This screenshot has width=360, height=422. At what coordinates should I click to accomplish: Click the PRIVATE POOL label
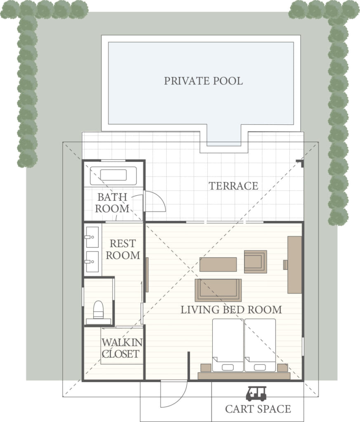pyautogui.click(x=203, y=81)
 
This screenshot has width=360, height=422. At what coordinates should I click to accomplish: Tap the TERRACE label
pyautogui.click(x=233, y=186)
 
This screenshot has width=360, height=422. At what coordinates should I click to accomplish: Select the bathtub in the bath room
pyautogui.click(x=113, y=176)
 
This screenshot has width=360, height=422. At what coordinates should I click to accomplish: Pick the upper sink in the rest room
pyautogui.click(x=92, y=237)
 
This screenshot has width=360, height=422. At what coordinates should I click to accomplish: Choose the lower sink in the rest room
pyautogui.click(x=92, y=262)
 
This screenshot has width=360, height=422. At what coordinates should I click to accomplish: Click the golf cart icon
pyautogui.click(x=256, y=394)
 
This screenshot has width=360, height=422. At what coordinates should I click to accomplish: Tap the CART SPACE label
pyautogui.click(x=258, y=409)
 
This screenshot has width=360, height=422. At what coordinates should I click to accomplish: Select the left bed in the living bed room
pyautogui.click(x=228, y=345)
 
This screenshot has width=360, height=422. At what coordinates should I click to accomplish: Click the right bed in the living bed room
pyautogui.click(x=260, y=345)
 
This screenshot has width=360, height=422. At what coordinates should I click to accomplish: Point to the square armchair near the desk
pyautogui.click(x=256, y=262)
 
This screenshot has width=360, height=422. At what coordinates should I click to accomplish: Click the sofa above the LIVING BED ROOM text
pyautogui.click(x=218, y=290)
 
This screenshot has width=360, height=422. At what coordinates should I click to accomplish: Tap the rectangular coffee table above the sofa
pyautogui.click(x=218, y=264)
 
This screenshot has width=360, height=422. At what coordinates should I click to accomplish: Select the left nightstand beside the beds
pyautogui.click(x=206, y=368)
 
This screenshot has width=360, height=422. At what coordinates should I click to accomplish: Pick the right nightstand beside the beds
pyautogui.click(x=282, y=368)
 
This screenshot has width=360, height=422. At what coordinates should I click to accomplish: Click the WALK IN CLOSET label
pyautogui.click(x=122, y=348)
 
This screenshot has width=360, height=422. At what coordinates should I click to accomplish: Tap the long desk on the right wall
pyautogui.click(x=294, y=265)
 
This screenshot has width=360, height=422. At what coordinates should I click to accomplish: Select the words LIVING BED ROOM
pyautogui.click(x=231, y=309)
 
